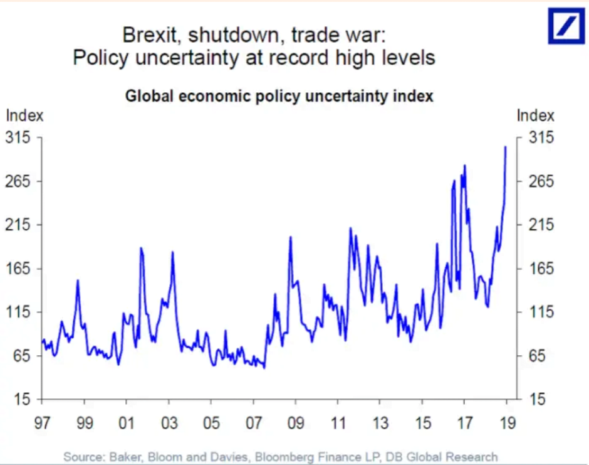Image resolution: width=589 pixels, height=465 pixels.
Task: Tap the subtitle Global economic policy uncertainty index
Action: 279,97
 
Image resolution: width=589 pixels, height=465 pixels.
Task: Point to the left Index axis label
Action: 24,115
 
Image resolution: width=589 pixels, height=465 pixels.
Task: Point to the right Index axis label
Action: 535,115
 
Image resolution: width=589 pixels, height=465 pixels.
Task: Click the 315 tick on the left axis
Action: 18,138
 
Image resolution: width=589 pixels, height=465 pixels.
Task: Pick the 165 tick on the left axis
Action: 18,269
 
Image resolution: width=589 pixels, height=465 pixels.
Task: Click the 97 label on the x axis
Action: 43,422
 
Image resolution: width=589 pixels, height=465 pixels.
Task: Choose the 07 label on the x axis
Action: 254,422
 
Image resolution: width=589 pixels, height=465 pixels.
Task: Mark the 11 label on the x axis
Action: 338,422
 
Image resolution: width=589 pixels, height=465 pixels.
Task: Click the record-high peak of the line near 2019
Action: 506,147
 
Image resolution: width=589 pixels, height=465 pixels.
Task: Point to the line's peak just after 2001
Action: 141,249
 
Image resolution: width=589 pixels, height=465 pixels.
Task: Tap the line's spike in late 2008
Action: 291,237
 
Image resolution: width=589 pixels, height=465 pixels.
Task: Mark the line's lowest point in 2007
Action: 264,368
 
